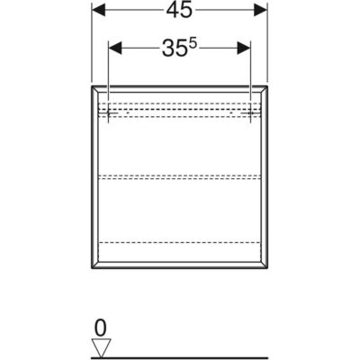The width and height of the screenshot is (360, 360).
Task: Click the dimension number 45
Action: [x=179, y=11]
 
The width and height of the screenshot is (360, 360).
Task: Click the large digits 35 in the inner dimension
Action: [x=174, y=49]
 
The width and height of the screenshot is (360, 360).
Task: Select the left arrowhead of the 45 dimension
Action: [x=99, y=11]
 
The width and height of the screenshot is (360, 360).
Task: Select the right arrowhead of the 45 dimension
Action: [x=260, y=11]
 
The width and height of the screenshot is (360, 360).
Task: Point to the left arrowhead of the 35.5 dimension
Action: [x=115, y=48]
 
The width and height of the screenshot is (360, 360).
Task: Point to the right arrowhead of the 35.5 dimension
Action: [x=243, y=48]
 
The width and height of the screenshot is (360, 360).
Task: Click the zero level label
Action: [x=101, y=328]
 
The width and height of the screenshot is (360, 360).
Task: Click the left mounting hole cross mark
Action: [x=108, y=112]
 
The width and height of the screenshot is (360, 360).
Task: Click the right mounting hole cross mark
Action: [x=251, y=112]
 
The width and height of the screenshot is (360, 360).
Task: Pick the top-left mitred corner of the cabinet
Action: [x=92, y=86]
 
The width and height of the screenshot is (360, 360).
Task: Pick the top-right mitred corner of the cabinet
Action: [x=267, y=86]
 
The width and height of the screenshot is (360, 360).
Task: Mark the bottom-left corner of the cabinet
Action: [x=92, y=268]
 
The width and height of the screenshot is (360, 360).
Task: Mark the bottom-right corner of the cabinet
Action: [x=267, y=268]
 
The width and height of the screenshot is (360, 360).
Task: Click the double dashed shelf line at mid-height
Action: [x=179, y=177]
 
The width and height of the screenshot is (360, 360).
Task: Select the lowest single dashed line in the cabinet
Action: [x=179, y=242]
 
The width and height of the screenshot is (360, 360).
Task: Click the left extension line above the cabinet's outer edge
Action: [x=92, y=42]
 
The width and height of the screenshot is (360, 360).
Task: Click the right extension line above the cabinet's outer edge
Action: [x=267, y=42]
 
